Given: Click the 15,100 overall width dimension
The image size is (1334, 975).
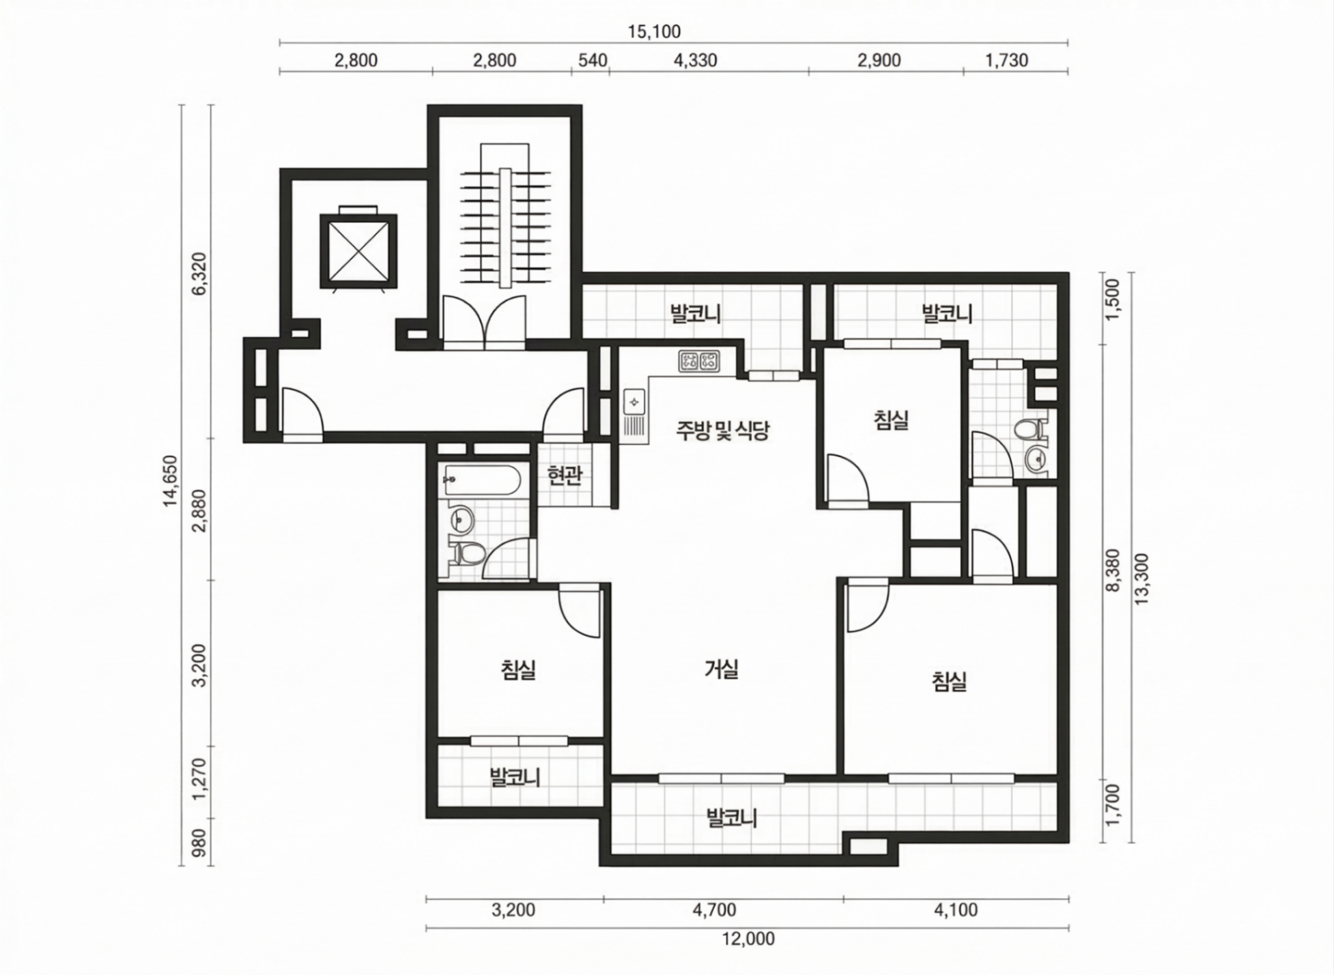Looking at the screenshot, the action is tap(654, 31).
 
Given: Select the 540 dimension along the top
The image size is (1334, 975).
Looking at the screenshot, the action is tap(593, 60).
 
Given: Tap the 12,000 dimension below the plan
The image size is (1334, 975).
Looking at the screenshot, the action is tap(748, 939).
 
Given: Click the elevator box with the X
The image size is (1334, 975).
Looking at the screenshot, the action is tap(358, 250).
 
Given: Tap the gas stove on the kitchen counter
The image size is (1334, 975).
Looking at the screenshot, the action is tap(699, 361).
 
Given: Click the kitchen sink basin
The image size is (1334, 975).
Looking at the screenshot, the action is tap(634, 401).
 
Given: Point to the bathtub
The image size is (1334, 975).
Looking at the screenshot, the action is tap(482, 481).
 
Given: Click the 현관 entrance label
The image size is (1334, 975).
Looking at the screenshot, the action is tap(565, 476).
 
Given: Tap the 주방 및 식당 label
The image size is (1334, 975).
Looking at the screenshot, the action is tap(723, 430).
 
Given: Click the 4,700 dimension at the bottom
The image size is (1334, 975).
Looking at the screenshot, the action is tap(714, 909).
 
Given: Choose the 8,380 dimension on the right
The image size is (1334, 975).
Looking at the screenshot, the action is tap(1112, 570).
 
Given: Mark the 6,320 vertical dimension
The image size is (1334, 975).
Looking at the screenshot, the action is tap(199, 274).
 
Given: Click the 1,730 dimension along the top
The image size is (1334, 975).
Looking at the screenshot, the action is tap(1006, 60).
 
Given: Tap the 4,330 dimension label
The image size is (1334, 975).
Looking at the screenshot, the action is tap(695, 60).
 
